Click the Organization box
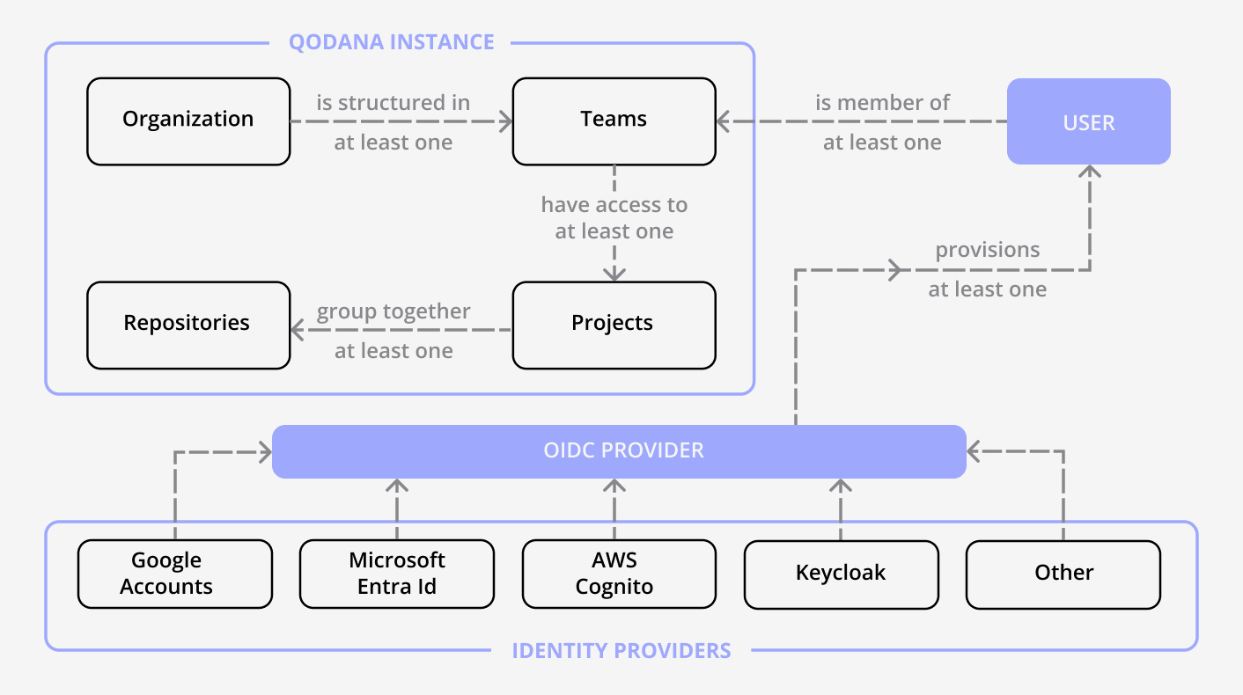[x=188, y=121]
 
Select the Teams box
[x=614, y=121]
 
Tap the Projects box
[x=614, y=325]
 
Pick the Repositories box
[x=188, y=325]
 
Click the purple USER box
[x=1088, y=121]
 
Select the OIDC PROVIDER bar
[x=619, y=451]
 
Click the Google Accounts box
[x=174, y=574]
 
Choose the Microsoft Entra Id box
[x=396, y=574]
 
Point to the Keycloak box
[x=841, y=574]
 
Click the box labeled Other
[x=1063, y=574]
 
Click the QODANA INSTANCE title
[x=391, y=41]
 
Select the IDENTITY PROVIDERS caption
[x=621, y=651]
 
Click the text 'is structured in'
[x=393, y=103]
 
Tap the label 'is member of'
[x=882, y=103]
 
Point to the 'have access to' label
[x=614, y=205]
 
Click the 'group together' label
[x=393, y=311]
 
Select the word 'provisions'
[x=987, y=250]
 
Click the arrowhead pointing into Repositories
[x=298, y=331]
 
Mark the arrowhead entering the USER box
[x=1090, y=172]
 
